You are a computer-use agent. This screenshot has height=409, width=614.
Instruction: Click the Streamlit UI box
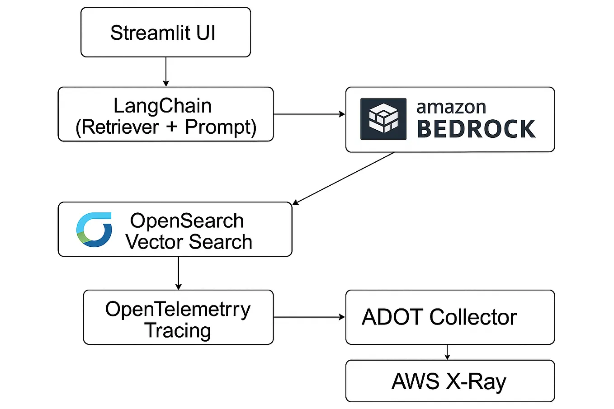point(165,33)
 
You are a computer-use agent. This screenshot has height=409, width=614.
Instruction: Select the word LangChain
point(162,106)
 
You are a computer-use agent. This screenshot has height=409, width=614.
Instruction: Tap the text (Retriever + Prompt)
point(166,127)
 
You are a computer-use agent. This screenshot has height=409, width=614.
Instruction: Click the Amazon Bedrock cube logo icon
point(383,119)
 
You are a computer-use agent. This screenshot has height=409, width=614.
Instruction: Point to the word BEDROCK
point(476,129)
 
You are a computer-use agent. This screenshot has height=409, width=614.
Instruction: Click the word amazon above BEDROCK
point(451,107)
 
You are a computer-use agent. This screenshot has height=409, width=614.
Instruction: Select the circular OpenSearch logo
point(94,230)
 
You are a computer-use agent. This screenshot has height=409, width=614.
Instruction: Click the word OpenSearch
point(187,221)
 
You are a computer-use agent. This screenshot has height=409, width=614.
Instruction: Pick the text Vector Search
point(189,242)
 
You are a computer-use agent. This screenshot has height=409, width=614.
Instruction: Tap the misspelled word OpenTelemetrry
point(178,309)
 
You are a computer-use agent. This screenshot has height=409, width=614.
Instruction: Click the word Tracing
point(178,330)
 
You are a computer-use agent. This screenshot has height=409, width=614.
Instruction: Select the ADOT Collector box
point(450,317)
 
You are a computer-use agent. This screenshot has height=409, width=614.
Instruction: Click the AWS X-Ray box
point(450,381)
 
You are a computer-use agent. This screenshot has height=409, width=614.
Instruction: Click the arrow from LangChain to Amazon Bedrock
point(309,114)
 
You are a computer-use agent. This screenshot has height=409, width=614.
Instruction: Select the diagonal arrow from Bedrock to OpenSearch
point(344,179)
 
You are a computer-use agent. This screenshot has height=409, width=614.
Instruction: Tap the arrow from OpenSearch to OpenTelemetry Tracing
point(179,273)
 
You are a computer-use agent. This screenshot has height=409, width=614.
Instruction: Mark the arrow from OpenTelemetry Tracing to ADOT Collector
point(309,317)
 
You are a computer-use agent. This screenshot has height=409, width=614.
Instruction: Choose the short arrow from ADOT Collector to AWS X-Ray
point(447,352)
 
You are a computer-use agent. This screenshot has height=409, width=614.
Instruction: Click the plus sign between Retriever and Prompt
point(171,127)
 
